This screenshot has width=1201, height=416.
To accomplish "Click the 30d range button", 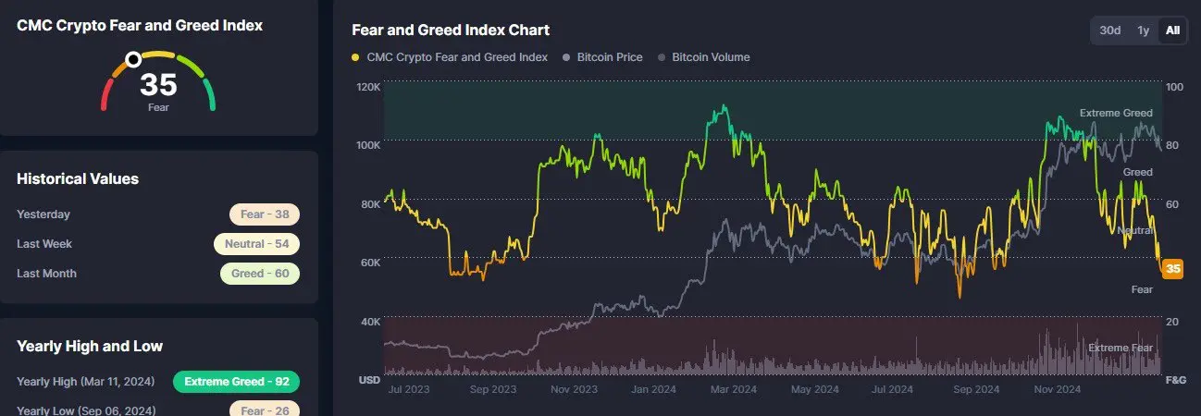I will click(1110, 31).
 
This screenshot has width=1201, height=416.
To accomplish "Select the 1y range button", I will click(1144, 31).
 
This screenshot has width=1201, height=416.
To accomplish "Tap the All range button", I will click(1172, 31).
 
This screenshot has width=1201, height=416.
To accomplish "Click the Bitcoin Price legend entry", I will click(609, 57).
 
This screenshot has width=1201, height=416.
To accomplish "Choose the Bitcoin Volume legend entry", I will click(710, 57).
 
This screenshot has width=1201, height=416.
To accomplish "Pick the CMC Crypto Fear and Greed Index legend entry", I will click(456, 57).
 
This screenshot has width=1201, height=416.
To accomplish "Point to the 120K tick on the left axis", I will click(367, 87).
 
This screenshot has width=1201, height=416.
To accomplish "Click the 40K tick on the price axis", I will click(369, 322).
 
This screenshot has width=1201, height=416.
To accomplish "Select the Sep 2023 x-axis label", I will click(492, 390).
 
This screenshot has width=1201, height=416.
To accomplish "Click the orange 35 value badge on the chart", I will click(1173, 269).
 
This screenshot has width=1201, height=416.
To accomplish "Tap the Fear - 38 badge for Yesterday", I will click(265, 214).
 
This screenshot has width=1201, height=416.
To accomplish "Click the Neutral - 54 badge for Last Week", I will click(256, 244).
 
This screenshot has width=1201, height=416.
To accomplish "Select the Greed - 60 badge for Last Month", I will click(260, 274).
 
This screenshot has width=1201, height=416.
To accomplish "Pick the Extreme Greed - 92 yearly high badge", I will click(236, 381).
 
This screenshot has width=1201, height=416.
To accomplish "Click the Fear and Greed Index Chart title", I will click(451, 30).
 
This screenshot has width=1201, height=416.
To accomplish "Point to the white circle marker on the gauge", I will click(133, 59).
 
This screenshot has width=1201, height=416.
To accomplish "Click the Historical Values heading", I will click(78, 178).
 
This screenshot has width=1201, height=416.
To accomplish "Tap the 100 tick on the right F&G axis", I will click(1175, 87).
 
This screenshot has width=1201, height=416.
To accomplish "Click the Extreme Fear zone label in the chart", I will click(1121, 348).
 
